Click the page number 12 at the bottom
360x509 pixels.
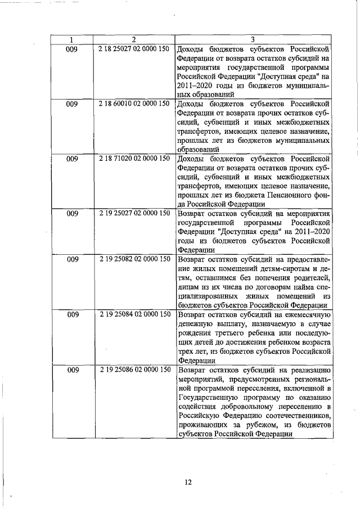point(188,481)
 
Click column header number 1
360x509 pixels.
point(72,39)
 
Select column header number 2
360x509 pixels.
point(134,39)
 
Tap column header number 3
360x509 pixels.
point(253,39)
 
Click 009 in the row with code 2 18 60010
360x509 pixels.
point(72,104)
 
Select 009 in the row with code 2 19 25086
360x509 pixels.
point(72,370)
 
